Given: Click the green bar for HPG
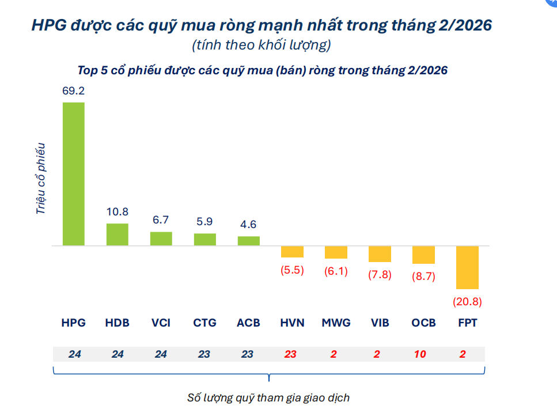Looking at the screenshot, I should coord(74,174).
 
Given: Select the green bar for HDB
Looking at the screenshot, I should coord(118,234).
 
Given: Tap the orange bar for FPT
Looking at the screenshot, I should coord(467,267).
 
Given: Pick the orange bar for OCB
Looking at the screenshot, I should coord(423,255).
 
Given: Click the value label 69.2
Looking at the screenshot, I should coord(74,90).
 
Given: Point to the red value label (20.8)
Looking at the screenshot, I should coord(467,301).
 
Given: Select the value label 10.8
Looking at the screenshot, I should coord(118,211).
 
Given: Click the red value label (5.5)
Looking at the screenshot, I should coord(292,270).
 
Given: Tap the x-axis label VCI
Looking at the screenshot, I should coord(161,323).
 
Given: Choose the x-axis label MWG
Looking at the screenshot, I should coord(336,323).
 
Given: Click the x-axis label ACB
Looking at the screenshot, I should coord(248,323).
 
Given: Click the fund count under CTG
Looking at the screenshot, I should coord(204,354).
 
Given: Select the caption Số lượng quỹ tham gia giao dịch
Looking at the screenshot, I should coord(268,397).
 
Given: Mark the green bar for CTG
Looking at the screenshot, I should coord(204,240).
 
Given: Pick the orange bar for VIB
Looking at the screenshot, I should coord(380,254).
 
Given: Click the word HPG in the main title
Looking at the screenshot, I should coord(48,26).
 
